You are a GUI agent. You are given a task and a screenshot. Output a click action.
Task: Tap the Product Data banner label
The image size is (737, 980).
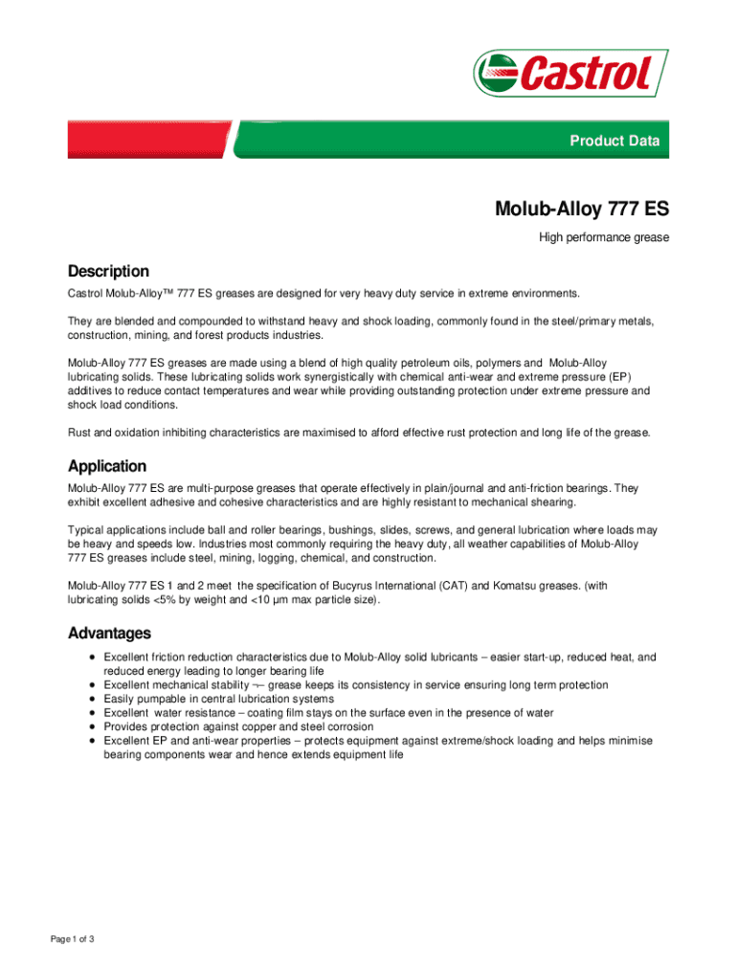point(614,141)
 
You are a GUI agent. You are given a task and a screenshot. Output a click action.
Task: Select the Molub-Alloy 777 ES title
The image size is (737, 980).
point(581,209)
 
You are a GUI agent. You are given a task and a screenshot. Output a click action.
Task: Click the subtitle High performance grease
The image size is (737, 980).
point(602,236)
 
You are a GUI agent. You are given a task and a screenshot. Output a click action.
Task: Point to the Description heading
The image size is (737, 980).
point(108,272)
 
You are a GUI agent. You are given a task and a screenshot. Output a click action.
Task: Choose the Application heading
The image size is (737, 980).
point(107,466)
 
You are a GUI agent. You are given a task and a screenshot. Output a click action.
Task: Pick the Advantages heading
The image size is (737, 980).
point(109,634)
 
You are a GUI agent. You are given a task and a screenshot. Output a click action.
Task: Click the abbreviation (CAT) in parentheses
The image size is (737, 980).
point(476,586)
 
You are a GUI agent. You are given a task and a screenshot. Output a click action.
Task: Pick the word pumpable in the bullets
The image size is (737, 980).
point(160,699)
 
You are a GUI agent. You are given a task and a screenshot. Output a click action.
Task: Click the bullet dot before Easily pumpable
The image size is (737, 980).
point(90,699)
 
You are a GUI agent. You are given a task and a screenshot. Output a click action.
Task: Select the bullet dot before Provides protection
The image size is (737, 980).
point(90,726)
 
